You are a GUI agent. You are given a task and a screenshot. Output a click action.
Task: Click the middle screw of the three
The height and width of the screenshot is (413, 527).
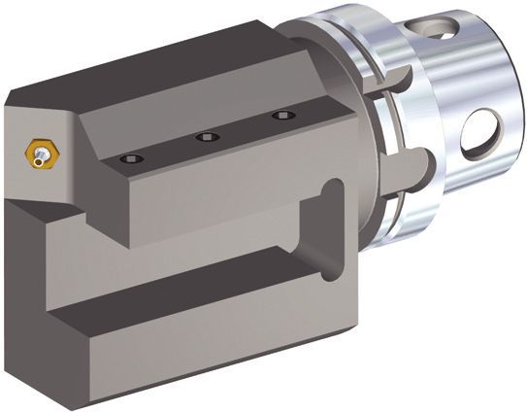207,137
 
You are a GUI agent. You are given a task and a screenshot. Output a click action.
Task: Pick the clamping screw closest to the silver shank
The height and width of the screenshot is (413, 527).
282,116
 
